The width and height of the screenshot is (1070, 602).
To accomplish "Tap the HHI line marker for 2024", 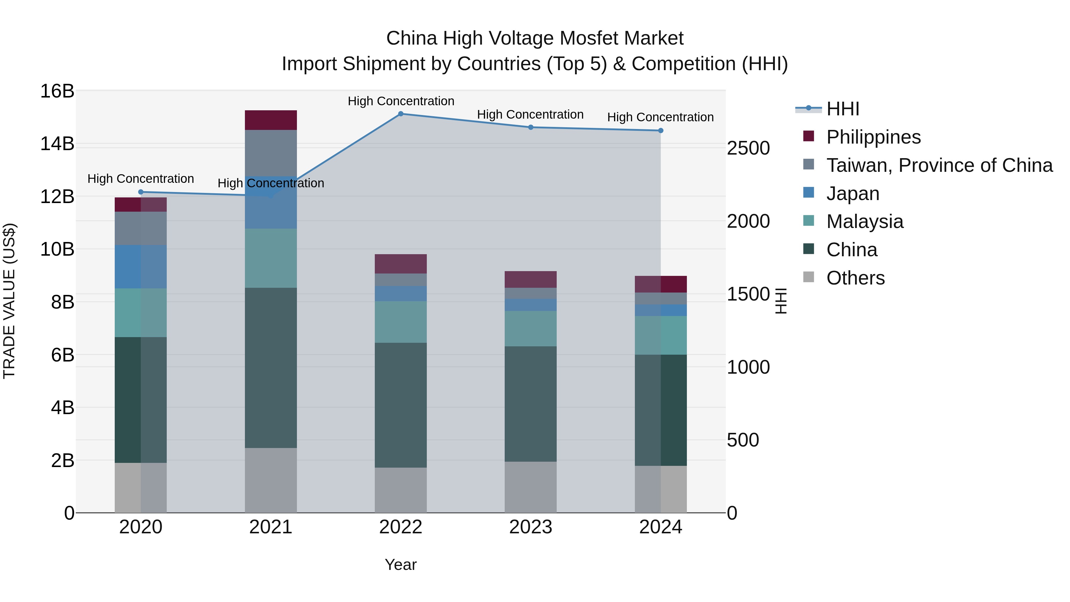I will click(x=660, y=131).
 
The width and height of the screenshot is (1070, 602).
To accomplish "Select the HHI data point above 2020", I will click(x=141, y=192).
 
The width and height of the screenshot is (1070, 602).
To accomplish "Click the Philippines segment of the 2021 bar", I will click(x=271, y=120).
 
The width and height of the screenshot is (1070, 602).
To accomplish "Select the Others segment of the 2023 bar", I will click(x=531, y=487).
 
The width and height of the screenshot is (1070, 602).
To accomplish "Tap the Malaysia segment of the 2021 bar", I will click(x=271, y=258).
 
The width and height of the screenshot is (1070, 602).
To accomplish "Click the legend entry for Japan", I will click(x=852, y=194).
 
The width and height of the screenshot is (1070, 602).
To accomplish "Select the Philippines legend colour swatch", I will click(x=808, y=136).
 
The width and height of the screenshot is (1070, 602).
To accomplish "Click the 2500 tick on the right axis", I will click(x=748, y=148).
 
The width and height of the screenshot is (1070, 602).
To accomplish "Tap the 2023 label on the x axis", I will click(x=531, y=527).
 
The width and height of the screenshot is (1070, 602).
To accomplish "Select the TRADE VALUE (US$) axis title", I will click(x=9, y=301).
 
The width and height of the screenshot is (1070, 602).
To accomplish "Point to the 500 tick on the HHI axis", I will click(x=743, y=440).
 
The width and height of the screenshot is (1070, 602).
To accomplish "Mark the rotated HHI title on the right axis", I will click(x=781, y=301).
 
